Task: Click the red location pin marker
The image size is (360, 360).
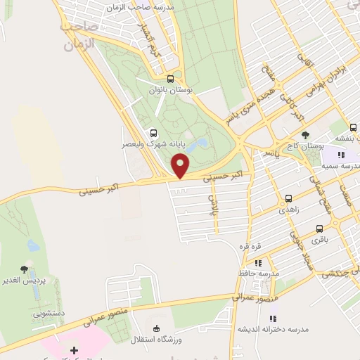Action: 181,167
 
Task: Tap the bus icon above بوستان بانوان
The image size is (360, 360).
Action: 171,79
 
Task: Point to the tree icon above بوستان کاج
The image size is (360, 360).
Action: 304,135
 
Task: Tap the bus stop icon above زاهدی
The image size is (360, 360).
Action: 289,199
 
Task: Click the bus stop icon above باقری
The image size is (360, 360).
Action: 320,229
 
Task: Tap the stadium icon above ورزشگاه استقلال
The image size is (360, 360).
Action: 156,328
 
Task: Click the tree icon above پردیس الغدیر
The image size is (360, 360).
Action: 25,269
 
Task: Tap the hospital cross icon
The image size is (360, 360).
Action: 75,349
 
